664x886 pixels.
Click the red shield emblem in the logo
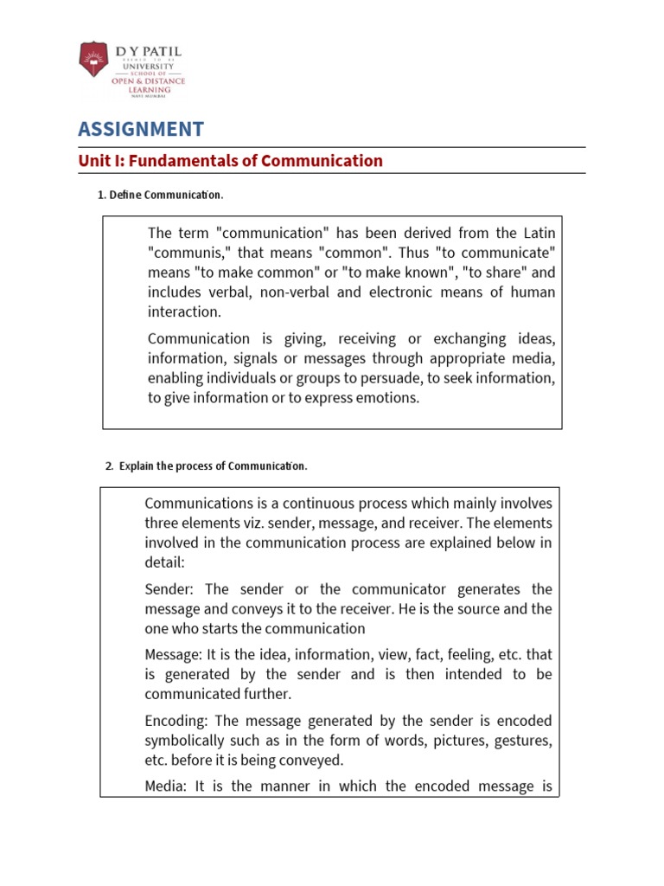[93, 61]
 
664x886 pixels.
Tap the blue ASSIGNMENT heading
[141, 130]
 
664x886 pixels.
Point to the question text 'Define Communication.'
[166, 195]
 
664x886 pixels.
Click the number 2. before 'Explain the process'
[109, 466]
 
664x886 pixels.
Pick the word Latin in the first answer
[538, 234]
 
